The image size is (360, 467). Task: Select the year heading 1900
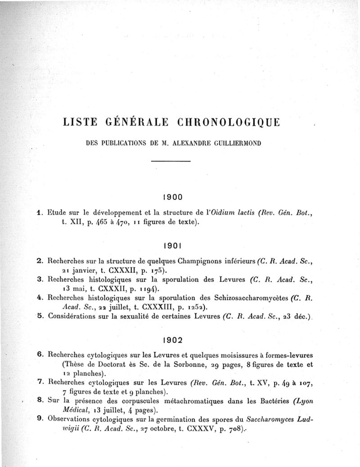171,196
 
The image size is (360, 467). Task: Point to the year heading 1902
171,338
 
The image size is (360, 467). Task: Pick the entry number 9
40,418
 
